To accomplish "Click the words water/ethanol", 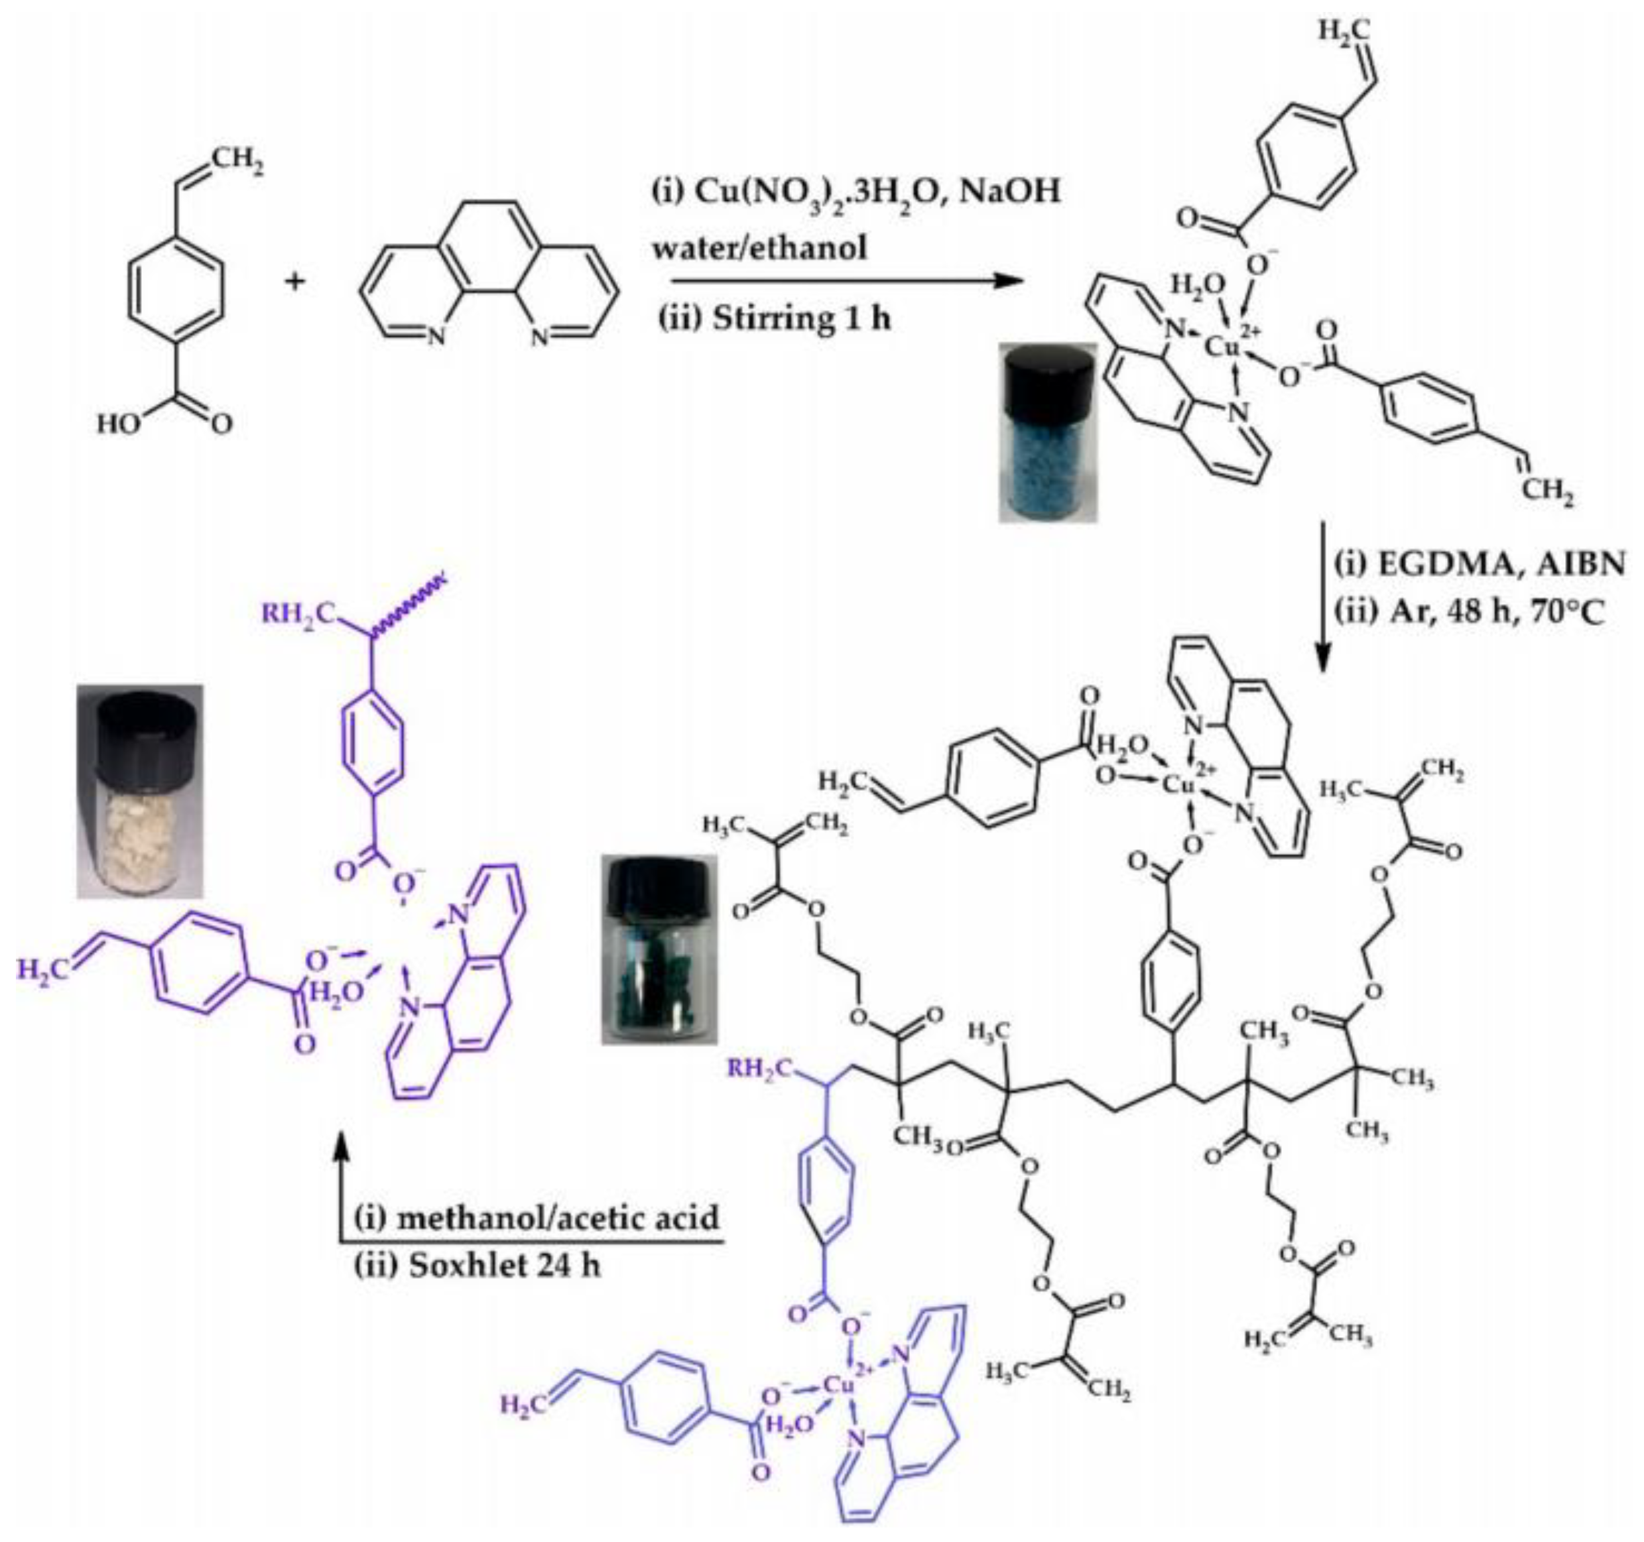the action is click(x=760, y=247).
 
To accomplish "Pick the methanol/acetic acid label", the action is click(x=537, y=1218).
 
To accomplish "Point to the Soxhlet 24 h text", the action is click(x=477, y=1266).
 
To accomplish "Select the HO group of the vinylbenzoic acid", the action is click(x=115, y=424).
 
